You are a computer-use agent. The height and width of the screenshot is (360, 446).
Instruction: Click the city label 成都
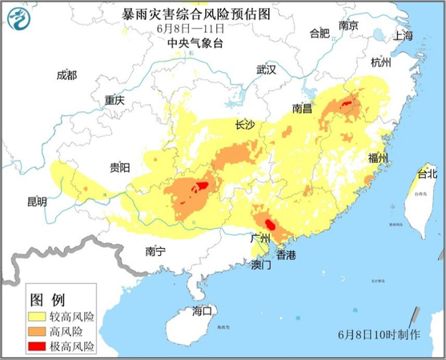point(67,75)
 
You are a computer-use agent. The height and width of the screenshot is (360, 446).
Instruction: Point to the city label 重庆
point(115,101)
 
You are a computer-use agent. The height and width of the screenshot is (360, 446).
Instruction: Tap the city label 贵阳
point(120,167)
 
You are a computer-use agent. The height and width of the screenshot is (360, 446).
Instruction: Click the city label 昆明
point(37,202)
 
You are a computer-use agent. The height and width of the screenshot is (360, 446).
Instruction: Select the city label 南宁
point(155,251)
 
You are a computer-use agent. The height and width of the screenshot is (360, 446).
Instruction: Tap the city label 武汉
point(266,70)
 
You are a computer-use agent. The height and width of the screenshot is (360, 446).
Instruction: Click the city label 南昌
point(302,108)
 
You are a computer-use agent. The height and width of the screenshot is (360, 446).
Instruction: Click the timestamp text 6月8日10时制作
point(379,334)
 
